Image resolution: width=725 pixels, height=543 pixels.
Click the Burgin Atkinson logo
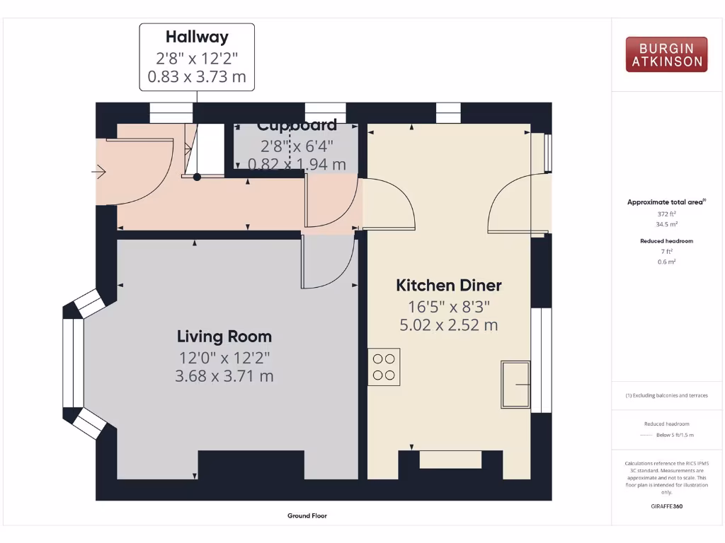[x=666, y=54]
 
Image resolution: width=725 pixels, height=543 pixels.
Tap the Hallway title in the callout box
[x=196, y=37]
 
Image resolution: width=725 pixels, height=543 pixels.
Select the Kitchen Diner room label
[x=448, y=286]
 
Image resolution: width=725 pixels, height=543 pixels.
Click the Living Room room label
[x=224, y=337]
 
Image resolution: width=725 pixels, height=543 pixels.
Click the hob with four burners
[x=384, y=366]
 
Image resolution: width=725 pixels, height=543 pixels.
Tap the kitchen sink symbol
[x=515, y=384]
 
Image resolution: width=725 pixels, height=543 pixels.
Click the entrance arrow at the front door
[x=99, y=171]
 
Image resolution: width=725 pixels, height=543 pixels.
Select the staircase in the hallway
[x=196, y=151]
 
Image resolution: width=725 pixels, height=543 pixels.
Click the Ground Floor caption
[x=307, y=516]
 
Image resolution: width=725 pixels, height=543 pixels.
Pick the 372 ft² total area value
[x=666, y=213]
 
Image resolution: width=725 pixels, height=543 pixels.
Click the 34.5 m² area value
[x=666, y=223]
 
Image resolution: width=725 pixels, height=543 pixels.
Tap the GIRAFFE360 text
[x=666, y=506]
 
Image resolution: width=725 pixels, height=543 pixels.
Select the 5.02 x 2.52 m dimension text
[x=448, y=325]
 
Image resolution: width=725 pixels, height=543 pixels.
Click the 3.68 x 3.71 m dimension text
[x=224, y=376]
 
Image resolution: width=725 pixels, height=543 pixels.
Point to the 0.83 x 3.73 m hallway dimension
[x=196, y=76]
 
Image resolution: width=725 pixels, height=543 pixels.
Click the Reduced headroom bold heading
[x=666, y=241]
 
